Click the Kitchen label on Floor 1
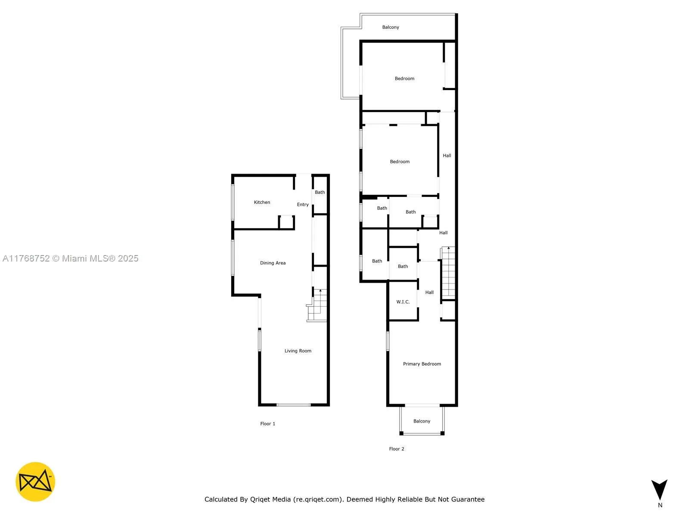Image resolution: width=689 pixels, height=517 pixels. point(262,202)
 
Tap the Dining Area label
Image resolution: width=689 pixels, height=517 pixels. point(273,263)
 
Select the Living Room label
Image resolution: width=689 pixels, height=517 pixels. point(298,351)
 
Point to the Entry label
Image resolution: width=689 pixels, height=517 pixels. point(303,205)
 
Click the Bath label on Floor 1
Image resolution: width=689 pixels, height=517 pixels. point(320,192)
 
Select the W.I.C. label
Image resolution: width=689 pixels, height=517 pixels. point(403,302)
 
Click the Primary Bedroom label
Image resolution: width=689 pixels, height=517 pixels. point(422,364)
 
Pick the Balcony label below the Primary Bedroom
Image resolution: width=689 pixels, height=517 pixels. point(422,421)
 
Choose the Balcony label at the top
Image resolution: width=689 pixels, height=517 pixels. point(391,27)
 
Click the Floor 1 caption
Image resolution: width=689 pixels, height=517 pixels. point(267,424)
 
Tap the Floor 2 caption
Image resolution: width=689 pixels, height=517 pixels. point(397,449)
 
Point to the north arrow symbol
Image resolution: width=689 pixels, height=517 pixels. point(659,490)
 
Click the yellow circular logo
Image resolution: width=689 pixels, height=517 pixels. point(35,482)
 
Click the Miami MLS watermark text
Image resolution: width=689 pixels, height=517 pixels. point(71,258)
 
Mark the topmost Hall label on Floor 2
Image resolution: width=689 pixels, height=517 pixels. point(447,156)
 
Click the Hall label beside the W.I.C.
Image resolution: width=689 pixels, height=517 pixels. point(429,292)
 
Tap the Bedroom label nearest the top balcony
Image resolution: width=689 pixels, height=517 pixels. point(404,78)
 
